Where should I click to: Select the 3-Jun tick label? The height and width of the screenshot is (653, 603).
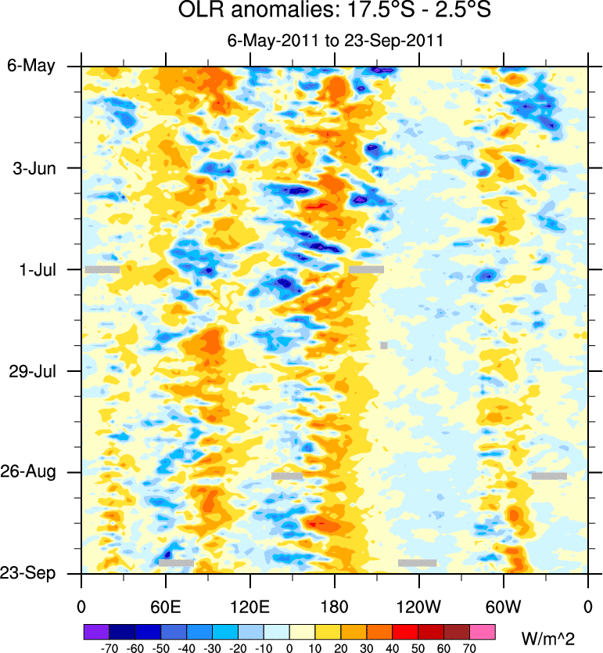point(36,168)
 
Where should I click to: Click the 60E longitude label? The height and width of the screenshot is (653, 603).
point(165,607)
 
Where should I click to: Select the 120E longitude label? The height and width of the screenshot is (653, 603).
point(249,607)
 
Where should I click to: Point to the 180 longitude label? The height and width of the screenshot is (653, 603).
point(334,607)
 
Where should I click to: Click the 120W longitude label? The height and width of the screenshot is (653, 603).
point(418,607)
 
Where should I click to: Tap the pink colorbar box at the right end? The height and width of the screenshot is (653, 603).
point(483,631)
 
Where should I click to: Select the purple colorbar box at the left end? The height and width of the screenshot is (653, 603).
point(96,631)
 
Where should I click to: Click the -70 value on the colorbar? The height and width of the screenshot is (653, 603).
point(109,648)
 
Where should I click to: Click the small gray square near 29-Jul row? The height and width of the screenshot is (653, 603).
point(384,345)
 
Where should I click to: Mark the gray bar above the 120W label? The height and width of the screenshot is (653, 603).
point(417,562)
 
